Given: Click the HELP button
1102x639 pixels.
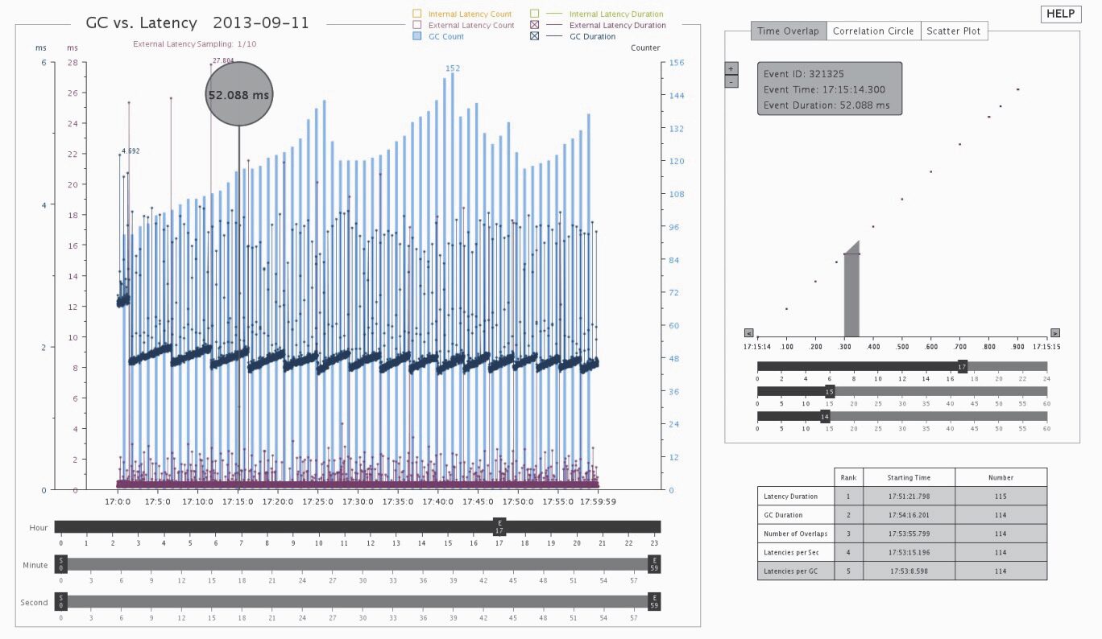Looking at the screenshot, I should tap(1060, 14).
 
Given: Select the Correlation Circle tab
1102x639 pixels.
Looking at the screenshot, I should tap(873, 31).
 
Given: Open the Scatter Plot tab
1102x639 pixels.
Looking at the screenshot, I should tap(955, 31).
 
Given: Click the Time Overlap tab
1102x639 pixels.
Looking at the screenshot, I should tap(788, 31).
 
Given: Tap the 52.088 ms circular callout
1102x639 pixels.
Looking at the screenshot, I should tap(239, 94).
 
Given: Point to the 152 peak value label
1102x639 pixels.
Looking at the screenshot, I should tap(453, 68).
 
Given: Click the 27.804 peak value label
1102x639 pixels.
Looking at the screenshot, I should tap(223, 60).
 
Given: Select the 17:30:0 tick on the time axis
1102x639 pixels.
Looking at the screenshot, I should tap(358, 501).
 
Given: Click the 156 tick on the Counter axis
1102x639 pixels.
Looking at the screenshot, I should tap(677, 63).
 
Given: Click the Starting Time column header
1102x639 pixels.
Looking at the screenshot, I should tap(909, 477).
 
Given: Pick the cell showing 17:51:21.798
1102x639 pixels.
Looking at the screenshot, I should tap(909, 497).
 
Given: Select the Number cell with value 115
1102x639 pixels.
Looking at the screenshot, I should tap(1000, 497).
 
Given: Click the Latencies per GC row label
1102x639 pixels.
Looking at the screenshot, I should tap(790, 571).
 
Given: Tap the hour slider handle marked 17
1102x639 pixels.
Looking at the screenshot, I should tap(499, 526).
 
